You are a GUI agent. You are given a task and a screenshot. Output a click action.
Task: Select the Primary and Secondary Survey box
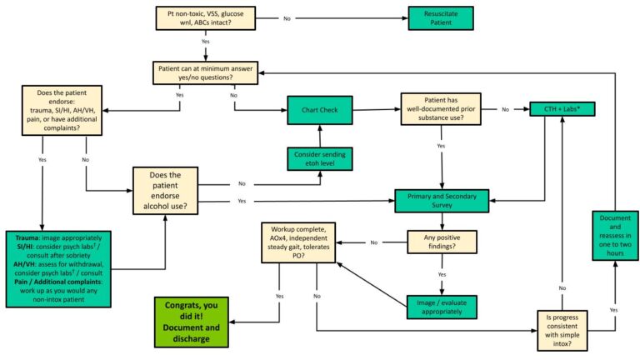click(440, 201)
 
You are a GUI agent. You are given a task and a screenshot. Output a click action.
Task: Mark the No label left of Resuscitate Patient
click(287, 17)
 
